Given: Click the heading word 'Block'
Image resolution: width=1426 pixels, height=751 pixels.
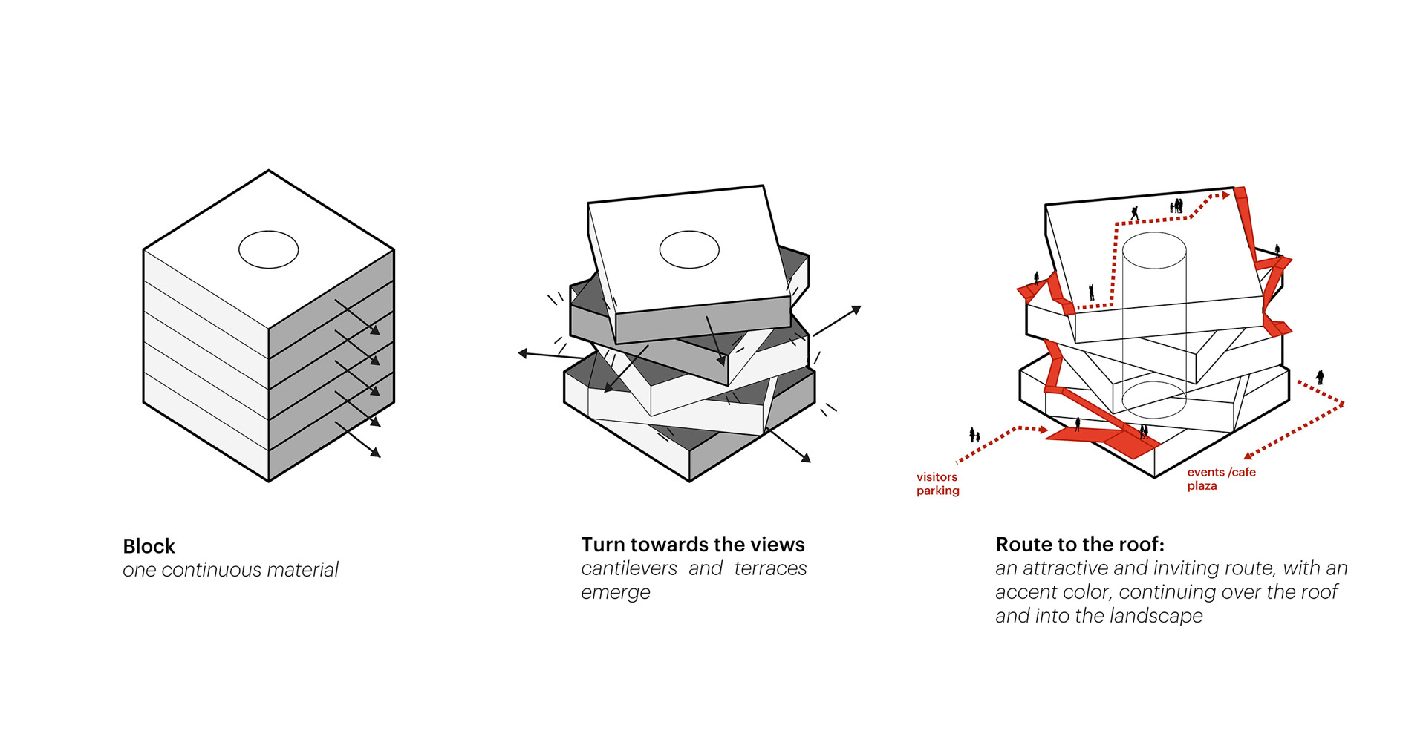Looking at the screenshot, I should tap(149, 546).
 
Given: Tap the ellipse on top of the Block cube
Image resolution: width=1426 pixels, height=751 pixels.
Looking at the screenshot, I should tap(268, 249).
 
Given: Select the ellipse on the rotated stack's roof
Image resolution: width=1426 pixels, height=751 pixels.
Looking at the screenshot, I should tap(689, 249).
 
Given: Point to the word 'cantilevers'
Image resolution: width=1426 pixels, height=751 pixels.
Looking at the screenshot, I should tap(629, 568).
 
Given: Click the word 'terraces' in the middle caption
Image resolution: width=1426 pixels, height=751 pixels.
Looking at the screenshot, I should tap(770, 568).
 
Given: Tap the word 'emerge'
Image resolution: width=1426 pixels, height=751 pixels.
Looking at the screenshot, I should tap(616, 592).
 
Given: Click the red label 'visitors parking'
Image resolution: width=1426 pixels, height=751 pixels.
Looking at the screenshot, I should tap(937, 484).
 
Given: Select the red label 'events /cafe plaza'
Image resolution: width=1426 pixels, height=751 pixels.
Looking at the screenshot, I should tap(1220, 479).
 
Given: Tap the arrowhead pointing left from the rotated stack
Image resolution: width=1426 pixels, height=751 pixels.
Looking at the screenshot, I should tap(523, 353).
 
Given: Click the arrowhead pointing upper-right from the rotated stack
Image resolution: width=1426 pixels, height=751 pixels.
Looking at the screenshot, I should tap(856, 309).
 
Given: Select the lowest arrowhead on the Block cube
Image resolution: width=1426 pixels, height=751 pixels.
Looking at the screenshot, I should tap(377, 453).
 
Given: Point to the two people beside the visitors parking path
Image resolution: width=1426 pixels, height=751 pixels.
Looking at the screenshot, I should tap(974, 435).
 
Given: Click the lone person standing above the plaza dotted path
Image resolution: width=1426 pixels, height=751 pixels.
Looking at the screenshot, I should tap(1320, 377).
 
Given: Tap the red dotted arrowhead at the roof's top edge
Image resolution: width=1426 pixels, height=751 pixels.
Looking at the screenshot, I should tap(1225, 195).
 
